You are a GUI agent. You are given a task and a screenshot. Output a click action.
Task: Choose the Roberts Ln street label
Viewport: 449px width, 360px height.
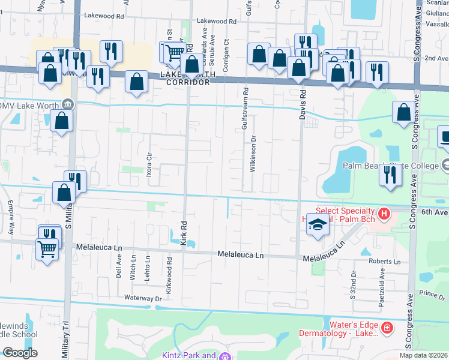click(x=384, y=262)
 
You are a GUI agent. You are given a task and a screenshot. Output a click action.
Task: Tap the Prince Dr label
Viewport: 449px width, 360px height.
click(x=432, y=293)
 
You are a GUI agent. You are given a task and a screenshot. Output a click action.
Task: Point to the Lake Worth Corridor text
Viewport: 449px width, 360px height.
click(x=184, y=78)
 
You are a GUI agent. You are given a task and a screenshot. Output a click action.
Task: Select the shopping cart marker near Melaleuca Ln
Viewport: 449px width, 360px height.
click(x=47, y=247)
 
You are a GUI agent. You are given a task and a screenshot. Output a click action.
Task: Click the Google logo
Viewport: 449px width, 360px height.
click(x=20, y=353)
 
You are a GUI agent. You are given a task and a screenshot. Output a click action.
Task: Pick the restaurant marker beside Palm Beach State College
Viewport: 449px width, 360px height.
click(x=391, y=175)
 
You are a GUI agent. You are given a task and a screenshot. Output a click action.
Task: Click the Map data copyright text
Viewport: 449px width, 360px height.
click(x=423, y=355)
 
